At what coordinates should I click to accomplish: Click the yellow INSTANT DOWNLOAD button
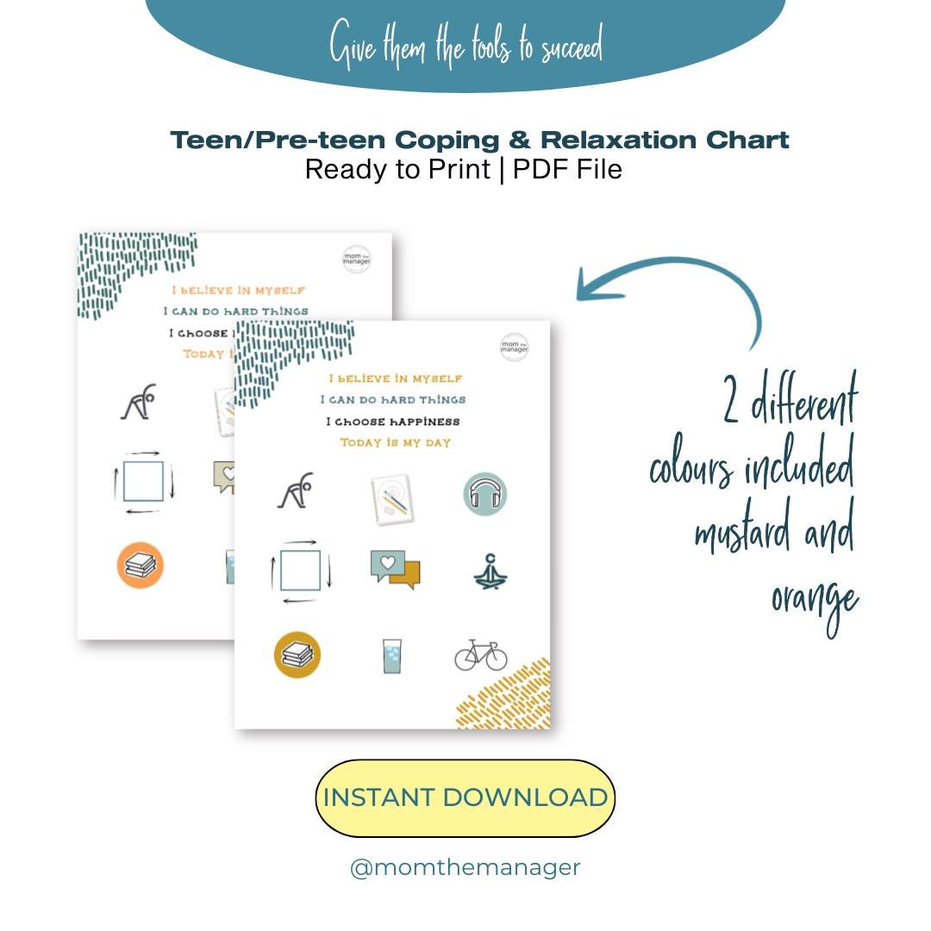tap(465, 797)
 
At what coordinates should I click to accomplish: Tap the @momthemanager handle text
tap(465, 867)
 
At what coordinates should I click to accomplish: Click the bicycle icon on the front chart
tap(481, 655)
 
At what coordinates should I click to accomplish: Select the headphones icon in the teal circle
tap(484, 494)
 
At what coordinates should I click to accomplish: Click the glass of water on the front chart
tap(392, 656)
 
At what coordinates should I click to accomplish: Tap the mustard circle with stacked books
tap(297, 655)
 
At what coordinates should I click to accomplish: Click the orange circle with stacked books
tap(140, 565)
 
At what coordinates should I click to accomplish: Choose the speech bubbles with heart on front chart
tap(395, 569)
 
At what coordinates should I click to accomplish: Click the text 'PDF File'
tap(567, 170)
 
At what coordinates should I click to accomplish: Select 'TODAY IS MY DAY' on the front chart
tap(395, 442)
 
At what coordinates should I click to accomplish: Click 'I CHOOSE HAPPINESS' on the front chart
tap(393, 422)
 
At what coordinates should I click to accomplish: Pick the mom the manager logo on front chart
tap(514, 347)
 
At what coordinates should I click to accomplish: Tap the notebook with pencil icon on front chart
tap(389, 498)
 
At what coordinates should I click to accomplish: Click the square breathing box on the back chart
tap(143, 481)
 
